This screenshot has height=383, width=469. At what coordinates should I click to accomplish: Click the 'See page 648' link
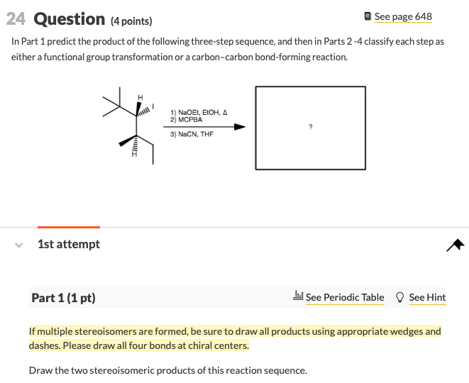click(402, 16)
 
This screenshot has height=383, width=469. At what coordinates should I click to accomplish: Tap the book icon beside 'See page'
click(367, 16)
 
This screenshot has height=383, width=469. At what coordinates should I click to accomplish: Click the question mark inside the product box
click(310, 127)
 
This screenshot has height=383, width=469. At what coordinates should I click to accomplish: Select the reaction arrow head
click(240, 127)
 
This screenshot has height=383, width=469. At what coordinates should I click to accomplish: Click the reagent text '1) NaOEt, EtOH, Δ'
click(199, 112)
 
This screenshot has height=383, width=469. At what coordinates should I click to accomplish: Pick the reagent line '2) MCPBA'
click(186, 119)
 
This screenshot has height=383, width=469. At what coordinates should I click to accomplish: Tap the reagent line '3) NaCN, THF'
click(192, 134)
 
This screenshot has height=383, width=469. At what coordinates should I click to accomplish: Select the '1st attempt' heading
click(69, 244)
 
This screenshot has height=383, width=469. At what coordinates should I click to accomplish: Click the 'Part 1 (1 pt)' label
click(63, 298)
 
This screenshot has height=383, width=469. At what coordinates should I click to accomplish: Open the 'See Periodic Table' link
click(344, 298)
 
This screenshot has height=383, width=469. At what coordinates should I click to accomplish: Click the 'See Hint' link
click(427, 298)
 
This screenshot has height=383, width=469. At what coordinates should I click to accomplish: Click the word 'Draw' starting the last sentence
click(41, 370)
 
